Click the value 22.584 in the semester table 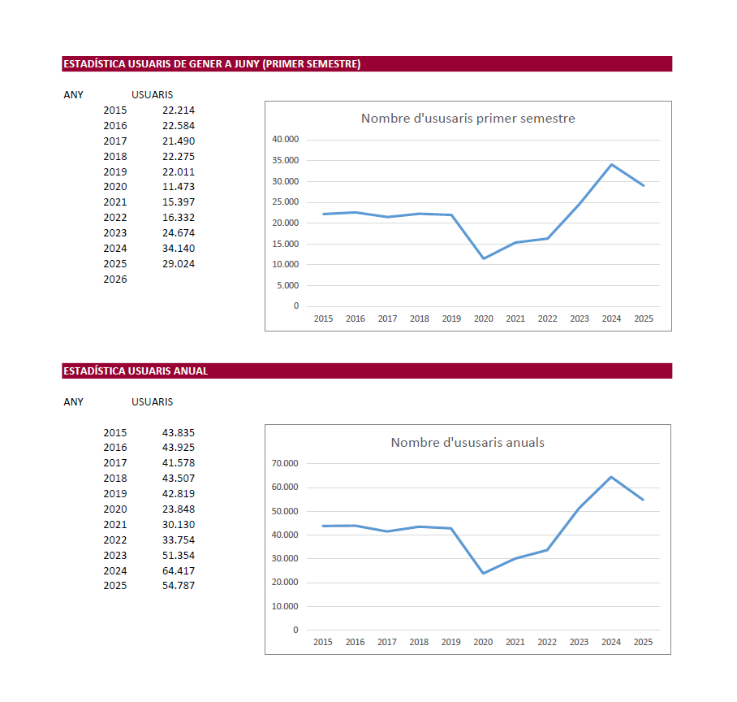pyautogui.click(x=179, y=126)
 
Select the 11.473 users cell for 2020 pyautogui.click(x=179, y=187)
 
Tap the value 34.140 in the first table pyautogui.click(x=179, y=249)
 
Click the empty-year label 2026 pyautogui.click(x=115, y=279)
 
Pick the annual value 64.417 pyautogui.click(x=179, y=570)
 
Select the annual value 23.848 pyautogui.click(x=179, y=509)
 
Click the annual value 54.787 pyautogui.click(x=179, y=586)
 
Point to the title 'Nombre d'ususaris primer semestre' pyautogui.click(x=468, y=119)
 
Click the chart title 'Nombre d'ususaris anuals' pyautogui.click(x=468, y=443)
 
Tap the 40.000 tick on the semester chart pyautogui.click(x=286, y=139)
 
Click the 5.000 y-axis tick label pyautogui.click(x=287, y=286)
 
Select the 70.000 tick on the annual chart pyautogui.click(x=285, y=463)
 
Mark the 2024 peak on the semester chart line pyautogui.click(x=611, y=164)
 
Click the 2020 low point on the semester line pyautogui.click(x=484, y=258)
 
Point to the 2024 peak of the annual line pyautogui.click(x=611, y=477)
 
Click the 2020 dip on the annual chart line pyautogui.click(x=483, y=573)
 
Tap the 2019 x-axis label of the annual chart pyautogui.click(x=451, y=642)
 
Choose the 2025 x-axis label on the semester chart pyautogui.click(x=644, y=318)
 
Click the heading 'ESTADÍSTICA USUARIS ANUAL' pyautogui.click(x=136, y=370)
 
